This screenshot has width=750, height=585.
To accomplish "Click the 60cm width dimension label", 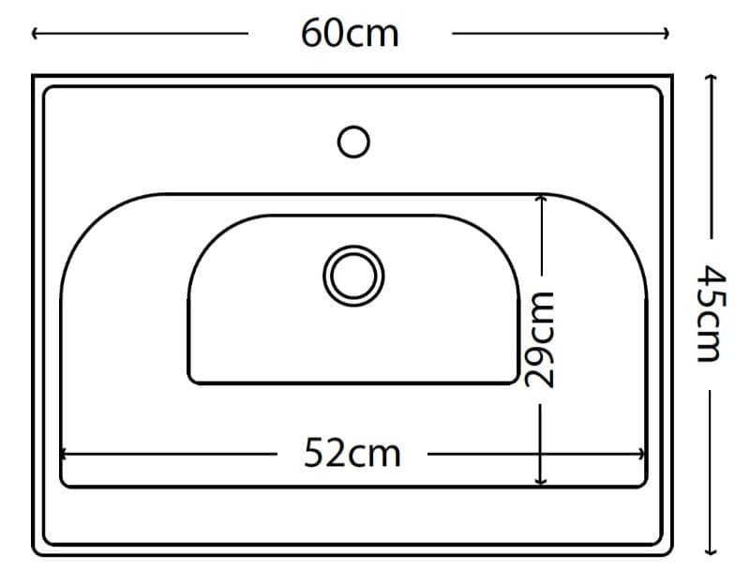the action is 350,34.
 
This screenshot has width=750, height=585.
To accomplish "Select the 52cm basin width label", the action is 352,453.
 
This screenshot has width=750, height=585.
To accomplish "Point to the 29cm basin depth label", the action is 540,339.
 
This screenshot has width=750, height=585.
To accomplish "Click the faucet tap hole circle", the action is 353,142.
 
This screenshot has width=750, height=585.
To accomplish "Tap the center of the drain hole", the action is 353,276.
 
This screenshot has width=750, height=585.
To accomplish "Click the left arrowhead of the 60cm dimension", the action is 36,34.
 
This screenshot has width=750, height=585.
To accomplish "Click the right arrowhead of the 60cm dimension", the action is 666,34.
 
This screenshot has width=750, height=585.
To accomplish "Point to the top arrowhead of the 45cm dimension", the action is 712,78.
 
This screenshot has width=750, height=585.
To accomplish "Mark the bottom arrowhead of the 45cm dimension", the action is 712,551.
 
